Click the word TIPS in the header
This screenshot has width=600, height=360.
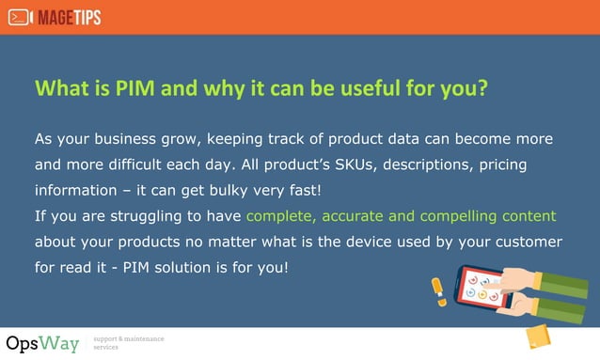pos(84,17)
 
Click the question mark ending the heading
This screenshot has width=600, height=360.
pos(482,88)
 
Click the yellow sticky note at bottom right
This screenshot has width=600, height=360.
pos(538,337)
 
